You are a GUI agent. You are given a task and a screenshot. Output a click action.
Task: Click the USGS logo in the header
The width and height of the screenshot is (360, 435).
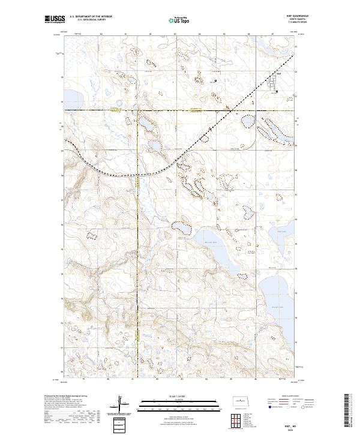coord(55,20)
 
